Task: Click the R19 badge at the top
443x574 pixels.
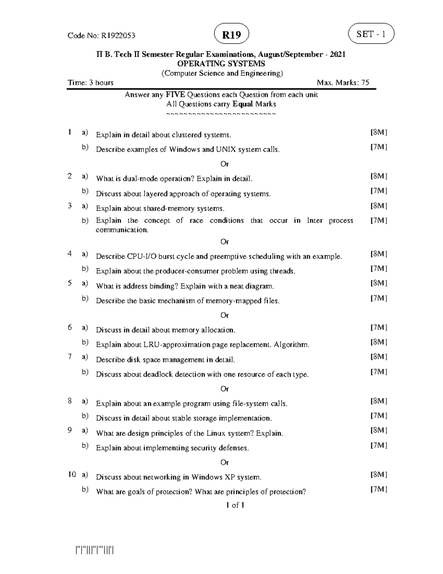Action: pyautogui.click(x=231, y=35)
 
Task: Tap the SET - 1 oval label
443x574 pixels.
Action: pyautogui.click(x=371, y=34)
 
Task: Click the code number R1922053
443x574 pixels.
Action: pyautogui.click(x=118, y=35)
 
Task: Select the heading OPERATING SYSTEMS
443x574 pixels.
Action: pyautogui.click(x=221, y=64)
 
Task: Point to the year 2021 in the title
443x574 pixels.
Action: pyautogui.click(x=338, y=54)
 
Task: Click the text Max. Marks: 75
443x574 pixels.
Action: pyautogui.click(x=343, y=82)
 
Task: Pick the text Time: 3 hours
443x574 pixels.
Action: pyautogui.click(x=90, y=82)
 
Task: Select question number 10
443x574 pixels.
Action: pyautogui.click(x=72, y=475)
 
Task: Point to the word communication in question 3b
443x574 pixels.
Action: pyautogui.click(x=122, y=230)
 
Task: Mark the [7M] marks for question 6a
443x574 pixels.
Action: pyautogui.click(x=379, y=327)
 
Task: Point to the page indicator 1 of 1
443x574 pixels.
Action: pyautogui.click(x=235, y=505)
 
